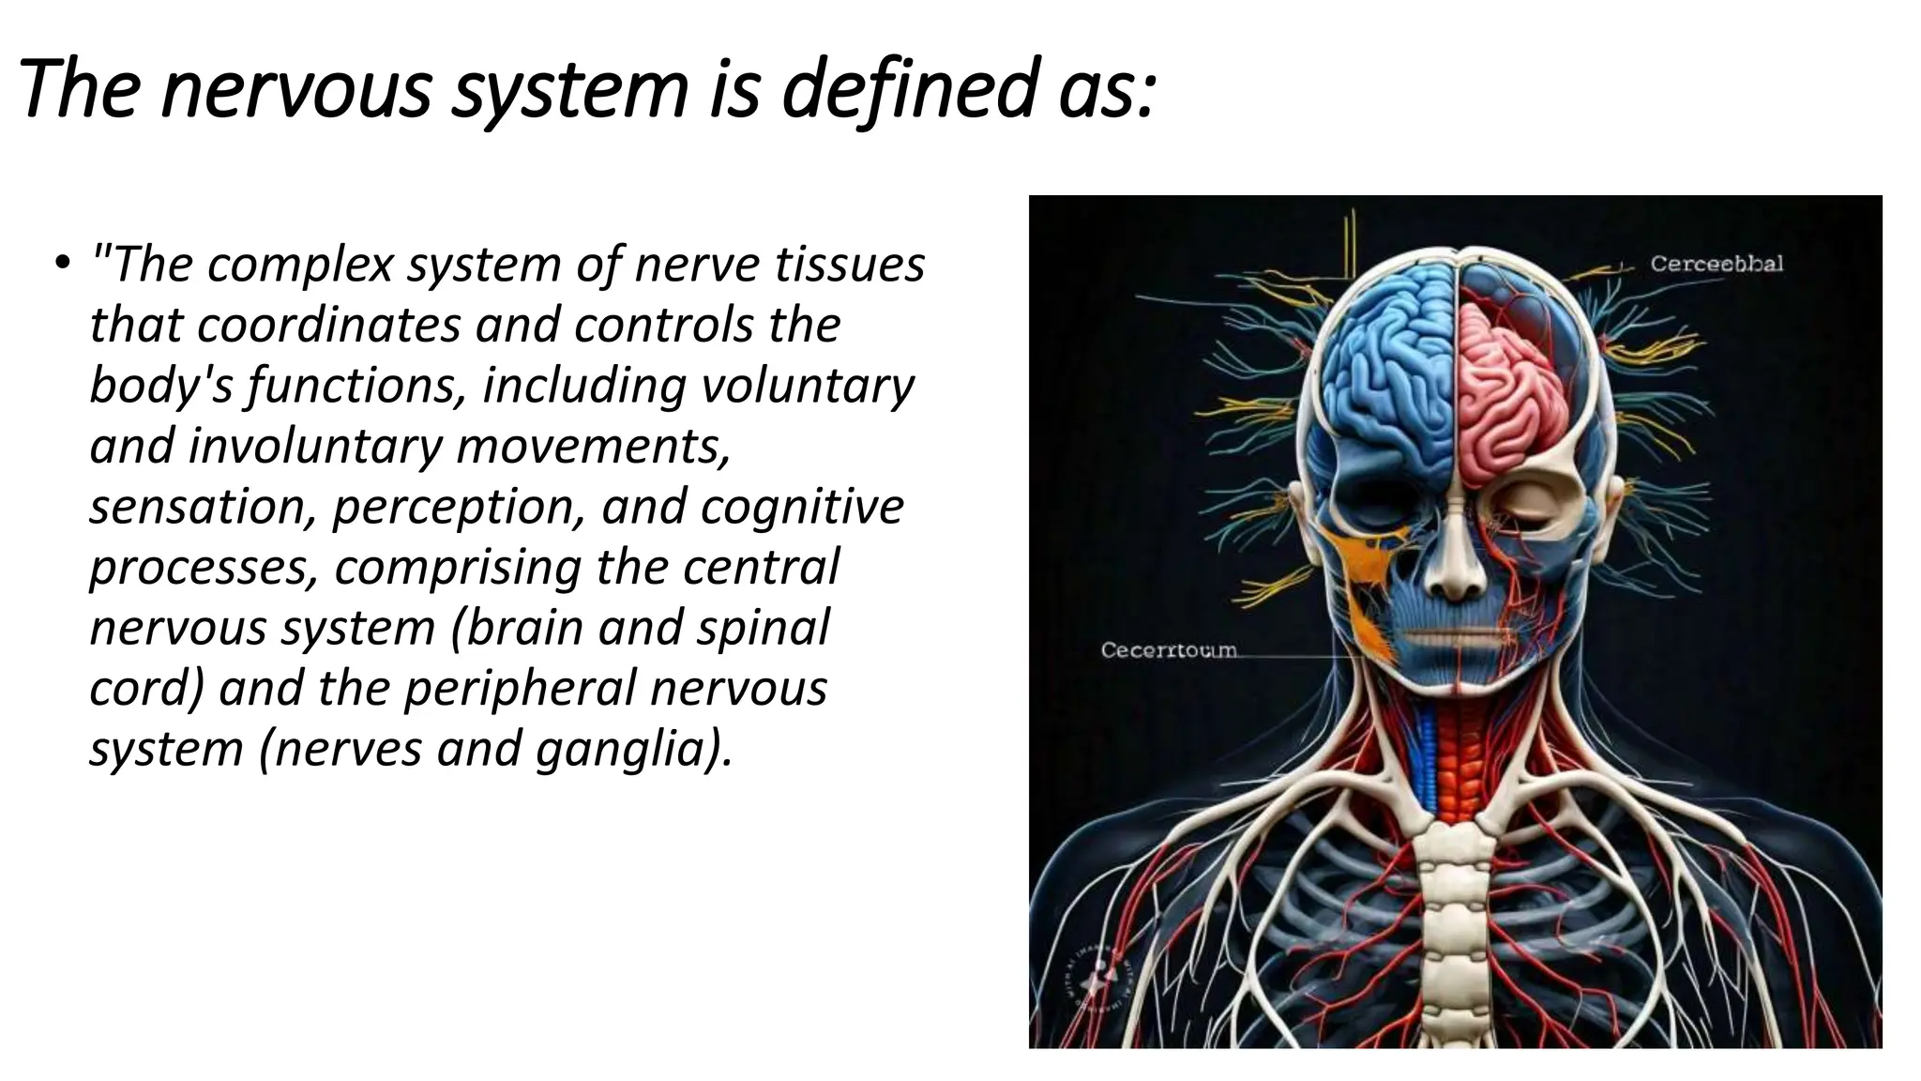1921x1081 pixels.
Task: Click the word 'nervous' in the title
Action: [295, 90]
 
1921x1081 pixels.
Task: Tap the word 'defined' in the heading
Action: [911, 90]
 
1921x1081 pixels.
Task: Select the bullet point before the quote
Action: [61, 262]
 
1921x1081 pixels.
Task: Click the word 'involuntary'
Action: [313, 447]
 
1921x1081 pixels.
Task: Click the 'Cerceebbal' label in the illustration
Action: [1717, 265]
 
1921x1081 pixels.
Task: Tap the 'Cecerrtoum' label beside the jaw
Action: [1168, 650]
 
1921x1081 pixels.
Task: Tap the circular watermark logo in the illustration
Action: [1096, 976]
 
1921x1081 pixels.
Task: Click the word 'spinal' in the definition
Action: [762, 628]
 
